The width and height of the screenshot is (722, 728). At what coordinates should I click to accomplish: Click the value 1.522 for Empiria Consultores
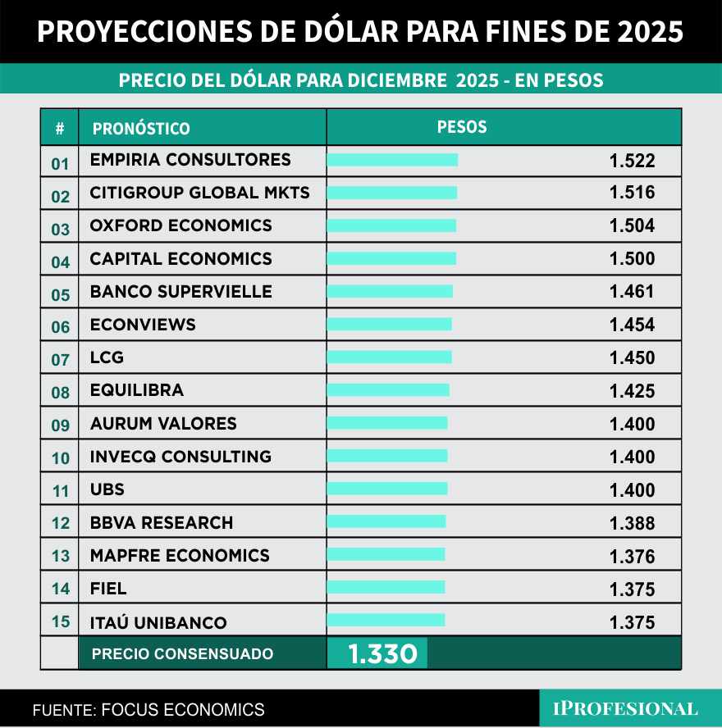pyautogui.click(x=632, y=161)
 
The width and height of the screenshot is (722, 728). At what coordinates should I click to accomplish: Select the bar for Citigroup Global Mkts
pyautogui.click(x=391, y=193)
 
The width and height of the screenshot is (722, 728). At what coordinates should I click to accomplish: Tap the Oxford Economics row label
pyautogui.click(x=180, y=225)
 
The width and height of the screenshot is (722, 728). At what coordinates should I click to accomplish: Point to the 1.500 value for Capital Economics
pyautogui.click(x=632, y=259)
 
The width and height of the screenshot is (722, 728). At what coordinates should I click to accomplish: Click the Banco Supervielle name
pyautogui.click(x=180, y=292)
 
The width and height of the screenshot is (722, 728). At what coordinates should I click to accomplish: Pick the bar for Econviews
pyautogui.click(x=389, y=325)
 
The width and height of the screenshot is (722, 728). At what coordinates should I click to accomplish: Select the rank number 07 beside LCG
pyautogui.click(x=61, y=359)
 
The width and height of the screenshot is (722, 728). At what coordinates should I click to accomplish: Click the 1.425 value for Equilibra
pyautogui.click(x=632, y=391)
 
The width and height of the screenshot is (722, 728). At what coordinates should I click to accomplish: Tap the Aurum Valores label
pyautogui.click(x=163, y=424)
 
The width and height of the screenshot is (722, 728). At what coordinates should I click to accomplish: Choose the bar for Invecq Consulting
pyautogui.click(x=387, y=456)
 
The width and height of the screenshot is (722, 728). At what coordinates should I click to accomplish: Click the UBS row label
pyautogui.click(x=107, y=490)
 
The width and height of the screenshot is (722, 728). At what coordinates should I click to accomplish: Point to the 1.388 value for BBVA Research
pyautogui.click(x=632, y=523)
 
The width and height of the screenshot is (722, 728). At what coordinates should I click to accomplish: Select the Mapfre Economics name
pyautogui.click(x=180, y=556)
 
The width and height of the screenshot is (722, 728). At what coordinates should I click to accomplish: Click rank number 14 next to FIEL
pyautogui.click(x=61, y=589)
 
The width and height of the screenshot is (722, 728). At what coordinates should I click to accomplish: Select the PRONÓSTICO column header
pyautogui.click(x=141, y=129)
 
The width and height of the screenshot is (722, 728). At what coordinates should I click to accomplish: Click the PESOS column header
pyautogui.click(x=462, y=127)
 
